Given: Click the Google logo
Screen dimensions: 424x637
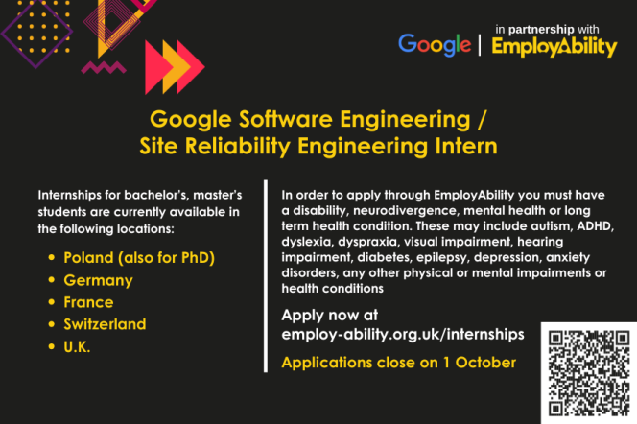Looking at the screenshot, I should coord(435,44).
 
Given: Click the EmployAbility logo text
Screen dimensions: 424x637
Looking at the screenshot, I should coord(554,46).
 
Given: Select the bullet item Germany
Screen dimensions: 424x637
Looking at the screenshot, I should coord(98,280).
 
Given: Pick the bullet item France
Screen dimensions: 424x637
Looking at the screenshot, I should coord(88,302).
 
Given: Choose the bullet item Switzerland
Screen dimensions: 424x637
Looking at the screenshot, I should coord(105,324).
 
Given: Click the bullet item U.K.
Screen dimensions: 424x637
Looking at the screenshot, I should coord(79,346).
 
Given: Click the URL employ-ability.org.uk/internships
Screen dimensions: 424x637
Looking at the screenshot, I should coord(403,334).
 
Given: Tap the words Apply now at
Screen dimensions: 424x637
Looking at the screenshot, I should coord(330,315).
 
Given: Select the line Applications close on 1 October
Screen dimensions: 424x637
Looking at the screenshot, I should coord(398,363).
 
